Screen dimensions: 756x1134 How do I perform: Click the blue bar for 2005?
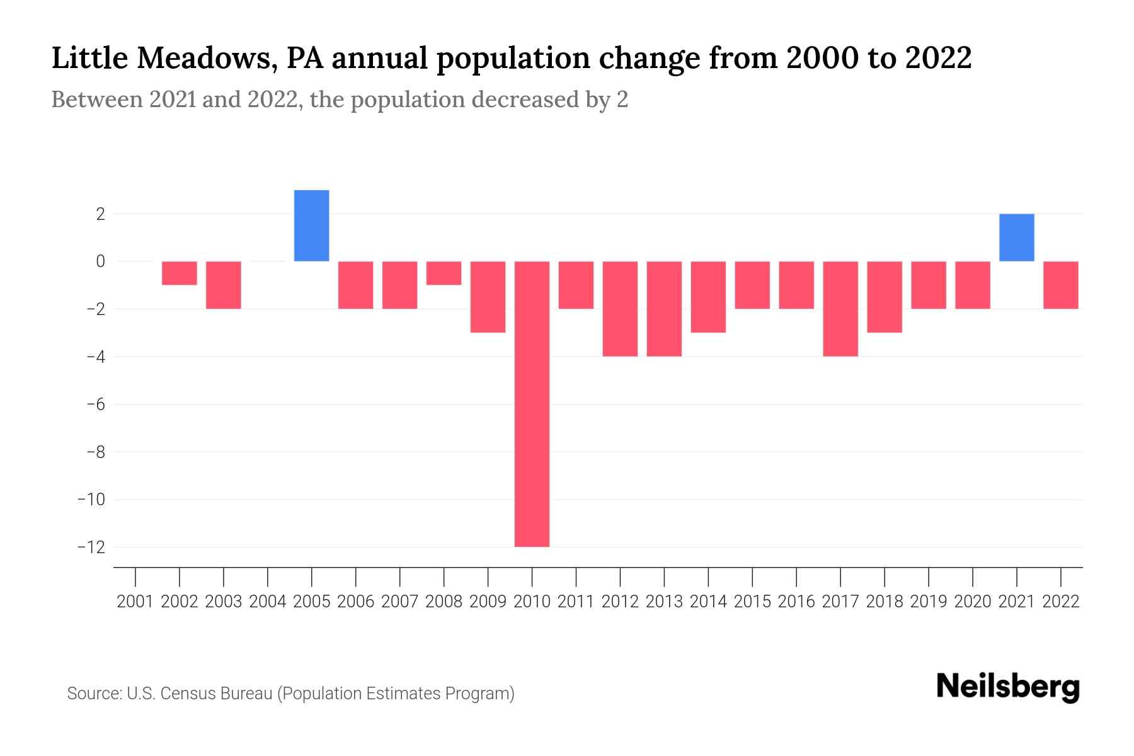[312, 226]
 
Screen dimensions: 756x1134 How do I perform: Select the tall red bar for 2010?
[532, 404]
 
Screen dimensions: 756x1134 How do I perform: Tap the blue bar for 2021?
[1016, 238]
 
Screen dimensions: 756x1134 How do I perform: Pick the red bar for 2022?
[1061, 285]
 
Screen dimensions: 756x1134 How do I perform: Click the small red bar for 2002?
[180, 273]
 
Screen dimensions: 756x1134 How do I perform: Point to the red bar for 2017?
[840, 309]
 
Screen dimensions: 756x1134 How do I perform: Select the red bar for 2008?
[444, 273]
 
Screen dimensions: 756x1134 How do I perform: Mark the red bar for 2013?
[664, 309]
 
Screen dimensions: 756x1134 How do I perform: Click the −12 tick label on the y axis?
[91, 547]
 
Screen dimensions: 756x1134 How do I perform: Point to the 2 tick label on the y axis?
[100, 214]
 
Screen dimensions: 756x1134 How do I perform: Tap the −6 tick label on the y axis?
[95, 404]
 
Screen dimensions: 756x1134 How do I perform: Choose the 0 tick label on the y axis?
[100, 261]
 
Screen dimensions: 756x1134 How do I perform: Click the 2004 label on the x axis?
[268, 602]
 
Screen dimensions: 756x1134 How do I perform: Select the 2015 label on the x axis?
[752, 602]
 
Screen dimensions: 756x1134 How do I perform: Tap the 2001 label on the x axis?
[135, 602]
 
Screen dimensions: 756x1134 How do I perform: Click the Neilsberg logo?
[1008, 687]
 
